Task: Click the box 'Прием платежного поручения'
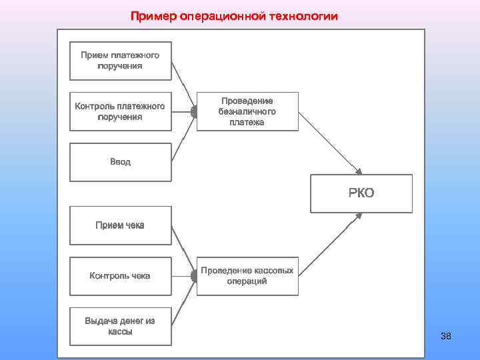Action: coord(120,61)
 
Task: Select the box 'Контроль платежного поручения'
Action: coord(120,111)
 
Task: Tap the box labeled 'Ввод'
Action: coord(120,162)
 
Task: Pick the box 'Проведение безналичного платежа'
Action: coord(247,111)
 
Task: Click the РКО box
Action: coord(361,193)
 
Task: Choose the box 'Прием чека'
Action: coord(120,225)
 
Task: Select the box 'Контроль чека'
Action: coord(120,275)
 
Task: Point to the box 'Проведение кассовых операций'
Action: coord(247,275)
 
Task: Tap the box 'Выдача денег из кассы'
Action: coord(120,326)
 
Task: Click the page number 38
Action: coord(446,336)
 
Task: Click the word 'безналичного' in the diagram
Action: coord(247,112)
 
